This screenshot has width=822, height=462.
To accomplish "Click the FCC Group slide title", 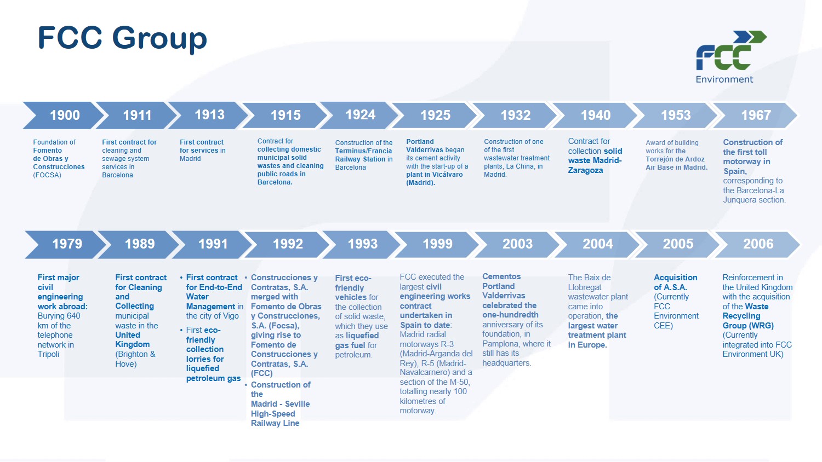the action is click(x=122, y=38).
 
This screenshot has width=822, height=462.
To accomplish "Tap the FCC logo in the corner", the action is click(x=732, y=50).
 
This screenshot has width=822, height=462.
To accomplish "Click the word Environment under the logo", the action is click(x=724, y=79).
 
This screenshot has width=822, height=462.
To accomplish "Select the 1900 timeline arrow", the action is click(x=64, y=115).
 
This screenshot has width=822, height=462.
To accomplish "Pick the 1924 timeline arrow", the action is click(x=359, y=115).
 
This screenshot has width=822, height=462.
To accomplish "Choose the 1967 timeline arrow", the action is click(x=755, y=115).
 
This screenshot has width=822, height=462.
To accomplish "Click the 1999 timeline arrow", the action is click(x=437, y=244).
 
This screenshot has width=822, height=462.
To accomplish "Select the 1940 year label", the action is click(x=595, y=115).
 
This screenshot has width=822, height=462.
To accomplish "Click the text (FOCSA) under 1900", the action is click(x=47, y=175).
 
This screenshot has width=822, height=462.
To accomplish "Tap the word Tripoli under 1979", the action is click(x=48, y=354).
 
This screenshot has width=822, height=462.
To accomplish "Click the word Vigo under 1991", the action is click(x=231, y=316).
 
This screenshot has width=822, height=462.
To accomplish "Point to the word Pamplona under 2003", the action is click(x=499, y=344).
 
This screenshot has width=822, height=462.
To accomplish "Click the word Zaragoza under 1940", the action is click(x=585, y=170).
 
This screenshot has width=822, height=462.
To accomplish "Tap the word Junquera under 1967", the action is click(x=739, y=200).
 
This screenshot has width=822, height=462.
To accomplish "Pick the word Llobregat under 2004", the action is click(x=585, y=287).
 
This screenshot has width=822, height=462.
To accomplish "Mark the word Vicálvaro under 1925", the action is click(x=444, y=175).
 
